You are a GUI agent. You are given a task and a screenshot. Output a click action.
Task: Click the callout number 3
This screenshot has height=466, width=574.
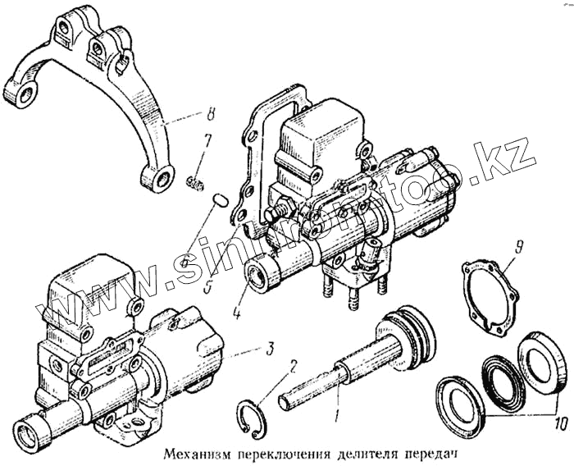click(269, 349)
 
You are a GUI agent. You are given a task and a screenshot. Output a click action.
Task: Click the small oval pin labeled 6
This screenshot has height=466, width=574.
click(219, 199)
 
